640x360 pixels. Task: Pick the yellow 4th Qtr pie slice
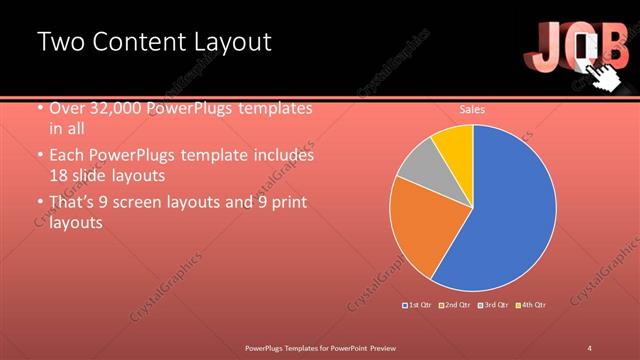pos(455,142)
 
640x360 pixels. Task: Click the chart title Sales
pos(472,109)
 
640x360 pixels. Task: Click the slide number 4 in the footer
pos(590,347)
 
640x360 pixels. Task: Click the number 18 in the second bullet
pos(59,174)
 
